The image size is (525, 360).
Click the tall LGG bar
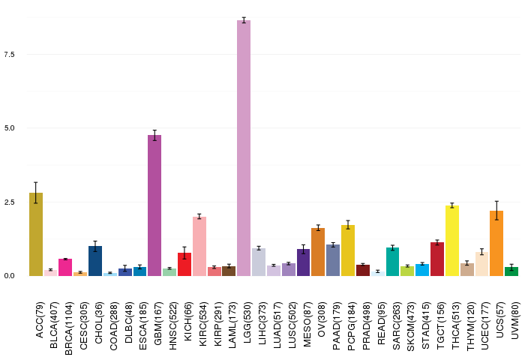[244, 148]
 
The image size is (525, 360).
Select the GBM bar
[154, 205]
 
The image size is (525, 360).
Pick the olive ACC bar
[36, 235]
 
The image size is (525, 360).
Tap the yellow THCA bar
[452, 241]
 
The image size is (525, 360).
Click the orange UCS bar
[496, 244]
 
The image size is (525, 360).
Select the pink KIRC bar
[199, 247]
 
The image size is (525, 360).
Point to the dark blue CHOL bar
[95, 261]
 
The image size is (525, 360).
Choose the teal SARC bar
[392, 262]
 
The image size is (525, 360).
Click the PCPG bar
[348, 250]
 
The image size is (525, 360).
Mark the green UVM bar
[511, 271]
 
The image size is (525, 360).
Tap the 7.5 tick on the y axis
[9, 54]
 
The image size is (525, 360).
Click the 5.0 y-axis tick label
[9, 128]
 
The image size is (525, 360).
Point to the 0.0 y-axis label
[9, 275]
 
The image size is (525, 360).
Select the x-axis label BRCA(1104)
[69, 328]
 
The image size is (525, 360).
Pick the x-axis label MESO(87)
[307, 325]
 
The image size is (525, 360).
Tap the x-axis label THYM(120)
[470, 326]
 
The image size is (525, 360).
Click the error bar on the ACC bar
[36, 193]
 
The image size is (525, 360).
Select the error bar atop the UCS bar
[496, 211]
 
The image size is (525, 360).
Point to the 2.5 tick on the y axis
[9, 202]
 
